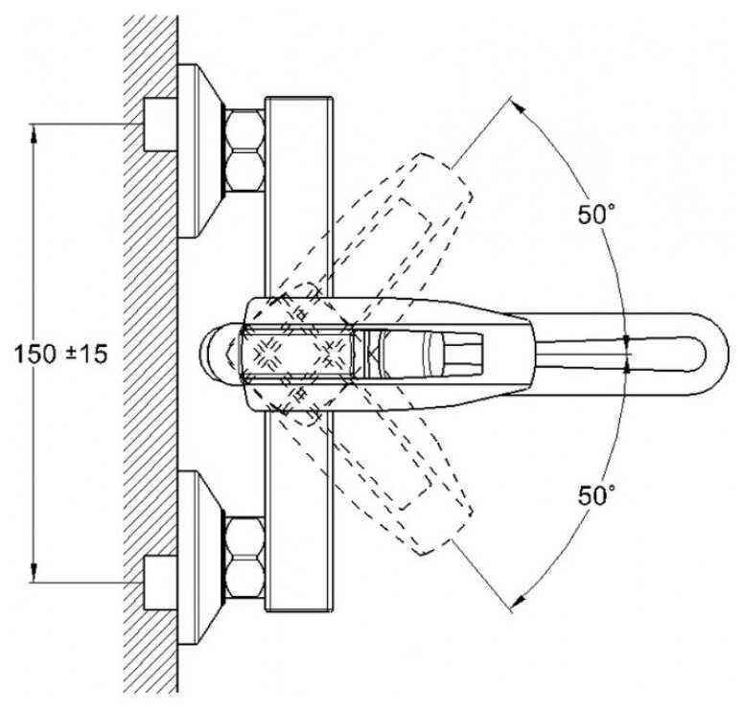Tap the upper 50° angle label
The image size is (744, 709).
point(595,214)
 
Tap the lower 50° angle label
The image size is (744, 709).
point(595,495)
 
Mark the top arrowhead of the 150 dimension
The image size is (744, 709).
point(35,134)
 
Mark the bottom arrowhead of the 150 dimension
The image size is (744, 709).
point(35,574)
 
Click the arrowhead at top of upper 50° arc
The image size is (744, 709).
point(519,106)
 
